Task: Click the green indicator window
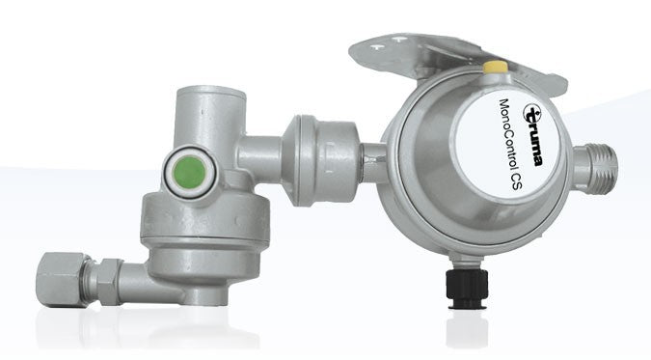pos(190,172)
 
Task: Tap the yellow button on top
pos(496,67)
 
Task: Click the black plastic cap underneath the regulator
pos(467,288)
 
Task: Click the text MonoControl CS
pos(510,144)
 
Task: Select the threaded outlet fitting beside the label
pos(596,168)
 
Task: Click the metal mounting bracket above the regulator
pos(457,58)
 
